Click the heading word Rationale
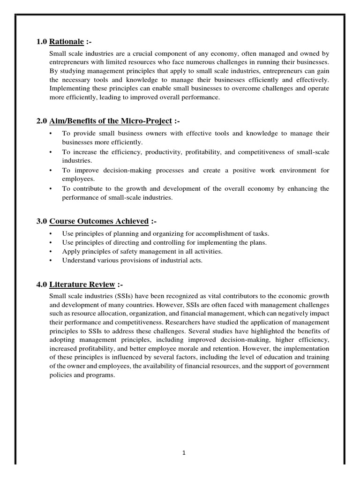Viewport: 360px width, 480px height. (x=67, y=42)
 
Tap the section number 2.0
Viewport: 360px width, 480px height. (x=42, y=121)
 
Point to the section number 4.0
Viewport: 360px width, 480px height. (x=42, y=285)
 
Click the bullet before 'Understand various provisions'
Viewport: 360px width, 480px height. (x=51, y=261)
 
